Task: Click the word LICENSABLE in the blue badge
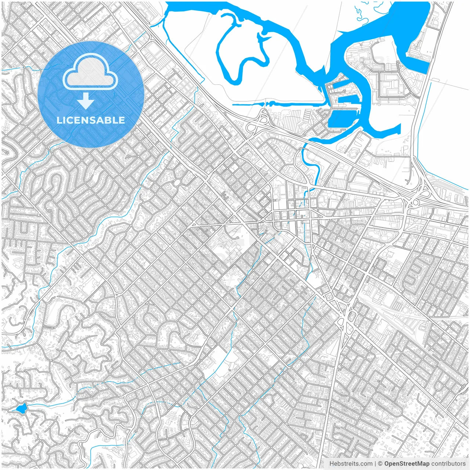[x=91, y=120]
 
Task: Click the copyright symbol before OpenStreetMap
[x=380, y=464]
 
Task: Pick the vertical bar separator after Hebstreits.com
[x=375, y=464]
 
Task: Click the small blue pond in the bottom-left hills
[x=21, y=408]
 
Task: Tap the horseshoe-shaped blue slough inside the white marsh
[x=242, y=55]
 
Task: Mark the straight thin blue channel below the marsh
[x=279, y=104]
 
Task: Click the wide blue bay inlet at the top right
[x=408, y=22]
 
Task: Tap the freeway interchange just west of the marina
[x=259, y=121]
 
